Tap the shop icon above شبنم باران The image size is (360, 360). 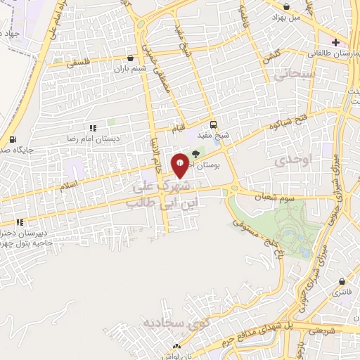pos(131,58)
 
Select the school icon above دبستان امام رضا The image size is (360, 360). pos(92,127)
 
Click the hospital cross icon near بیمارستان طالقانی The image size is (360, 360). pos(337,41)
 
